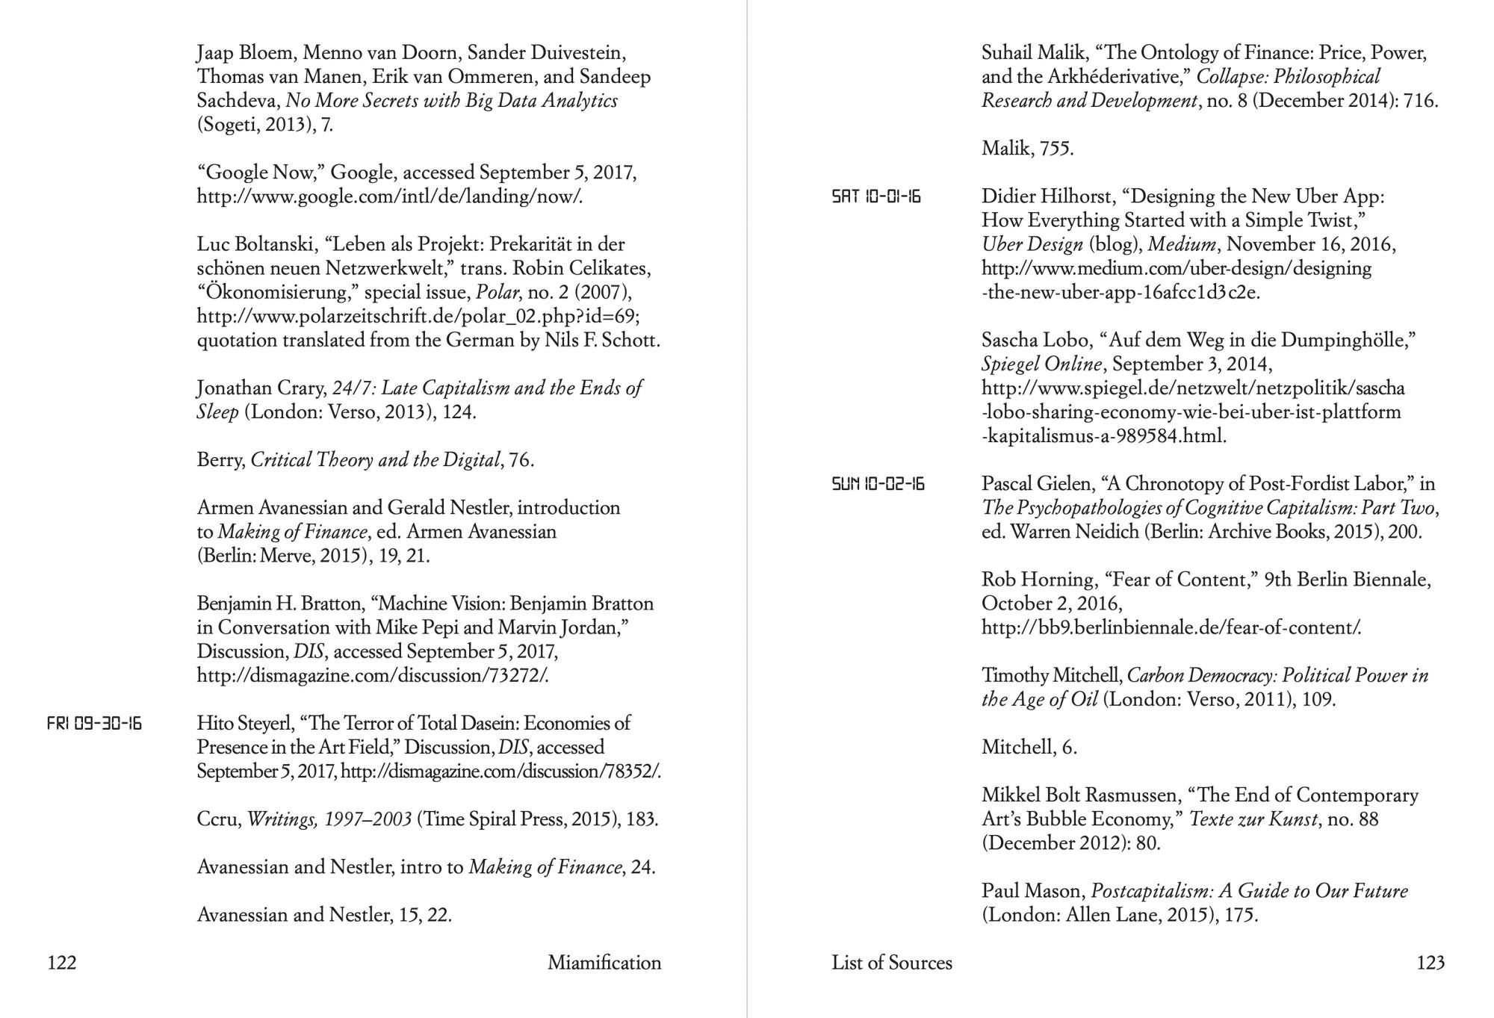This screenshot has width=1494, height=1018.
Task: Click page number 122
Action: (x=62, y=963)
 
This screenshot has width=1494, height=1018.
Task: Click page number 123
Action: (x=1431, y=963)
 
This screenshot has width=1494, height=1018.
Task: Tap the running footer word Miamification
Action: (x=604, y=963)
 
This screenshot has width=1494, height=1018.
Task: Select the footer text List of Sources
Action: (x=892, y=963)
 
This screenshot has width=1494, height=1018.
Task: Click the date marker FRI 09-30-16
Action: (x=94, y=723)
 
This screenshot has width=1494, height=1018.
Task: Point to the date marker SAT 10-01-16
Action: (x=876, y=196)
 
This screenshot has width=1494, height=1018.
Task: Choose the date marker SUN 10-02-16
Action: (x=878, y=484)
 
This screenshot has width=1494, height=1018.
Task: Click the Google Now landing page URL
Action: (x=389, y=196)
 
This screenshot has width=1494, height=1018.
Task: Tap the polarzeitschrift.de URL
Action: (x=418, y=316)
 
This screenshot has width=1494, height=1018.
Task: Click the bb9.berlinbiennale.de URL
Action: (x=1171, y=627)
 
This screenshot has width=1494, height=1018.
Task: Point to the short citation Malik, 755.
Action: (x=1027, y=149)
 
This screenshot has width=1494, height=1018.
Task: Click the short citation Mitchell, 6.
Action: (x=1029, y=747)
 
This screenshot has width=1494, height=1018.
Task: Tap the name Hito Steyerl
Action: (x=244, y=723)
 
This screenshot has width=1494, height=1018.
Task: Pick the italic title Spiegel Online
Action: (x=1041, y=364)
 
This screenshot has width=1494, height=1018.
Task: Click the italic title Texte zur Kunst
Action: (x=1253, y=819)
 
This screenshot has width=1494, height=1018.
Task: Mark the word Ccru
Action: (x=219, y=819)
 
